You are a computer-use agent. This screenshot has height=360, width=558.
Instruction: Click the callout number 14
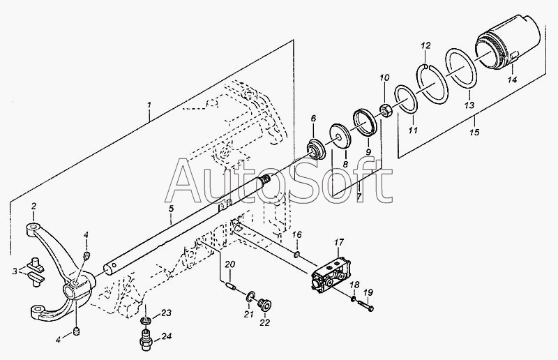(512, 80)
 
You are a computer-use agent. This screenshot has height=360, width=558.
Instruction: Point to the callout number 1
(149, 107)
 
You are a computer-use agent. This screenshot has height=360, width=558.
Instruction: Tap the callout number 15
(474, 131)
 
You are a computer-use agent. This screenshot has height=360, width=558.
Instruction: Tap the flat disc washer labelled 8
(342, 137)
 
